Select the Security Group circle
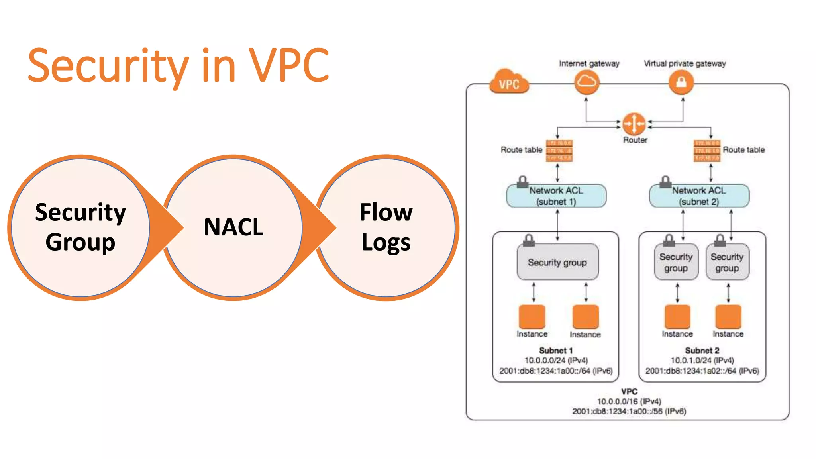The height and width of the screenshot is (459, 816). tap(80, 228)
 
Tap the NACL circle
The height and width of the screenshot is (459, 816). tap(233, 228)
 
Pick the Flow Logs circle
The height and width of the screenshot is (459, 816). tap(386, 228)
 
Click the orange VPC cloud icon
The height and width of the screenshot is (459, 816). tap(509, 82)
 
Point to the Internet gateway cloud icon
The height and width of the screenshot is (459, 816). tap(586, 82)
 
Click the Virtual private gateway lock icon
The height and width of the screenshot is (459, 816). tap(681, 82)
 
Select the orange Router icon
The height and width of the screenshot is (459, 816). tap(634, 124)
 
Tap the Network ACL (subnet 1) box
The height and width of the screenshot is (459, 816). tap(556, 196)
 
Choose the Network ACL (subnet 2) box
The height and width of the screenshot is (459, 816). tap(699, 196)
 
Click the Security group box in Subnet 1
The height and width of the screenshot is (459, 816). tap(557, 262)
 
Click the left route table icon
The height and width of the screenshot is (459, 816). tap(559, 151)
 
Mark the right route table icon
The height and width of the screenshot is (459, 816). tap(707, 151)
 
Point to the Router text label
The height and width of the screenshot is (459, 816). tap(635, 140)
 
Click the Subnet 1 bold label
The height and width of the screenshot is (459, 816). tap(555, 351)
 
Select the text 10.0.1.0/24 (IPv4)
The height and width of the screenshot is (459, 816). tap(702, 361)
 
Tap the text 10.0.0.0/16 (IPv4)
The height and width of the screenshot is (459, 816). tap(629, 401)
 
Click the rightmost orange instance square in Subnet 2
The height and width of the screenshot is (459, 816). tap(728, 317)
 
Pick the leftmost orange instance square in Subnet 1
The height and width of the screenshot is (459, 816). tap(532, 317)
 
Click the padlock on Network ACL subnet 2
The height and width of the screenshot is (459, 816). tap(665, 182)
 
